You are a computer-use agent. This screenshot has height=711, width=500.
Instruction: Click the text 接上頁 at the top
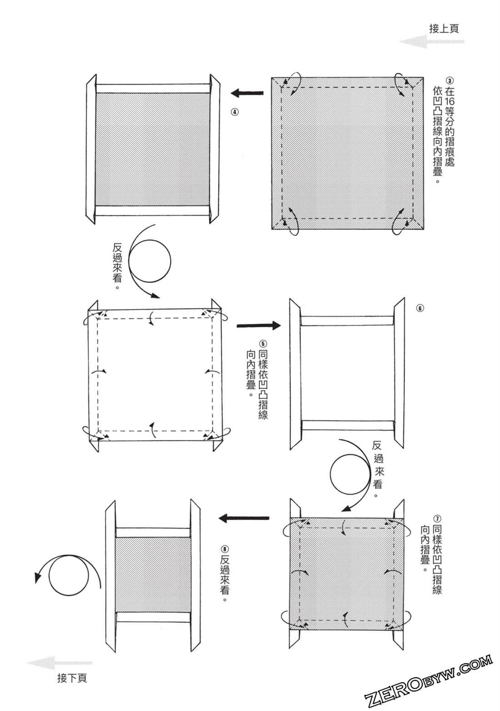444,29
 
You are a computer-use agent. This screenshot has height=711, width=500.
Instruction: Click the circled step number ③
450,80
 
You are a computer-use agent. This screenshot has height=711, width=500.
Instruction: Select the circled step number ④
235,112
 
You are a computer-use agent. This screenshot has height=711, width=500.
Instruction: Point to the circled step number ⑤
263,344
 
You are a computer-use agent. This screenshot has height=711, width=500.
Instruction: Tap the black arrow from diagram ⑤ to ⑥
259,325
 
